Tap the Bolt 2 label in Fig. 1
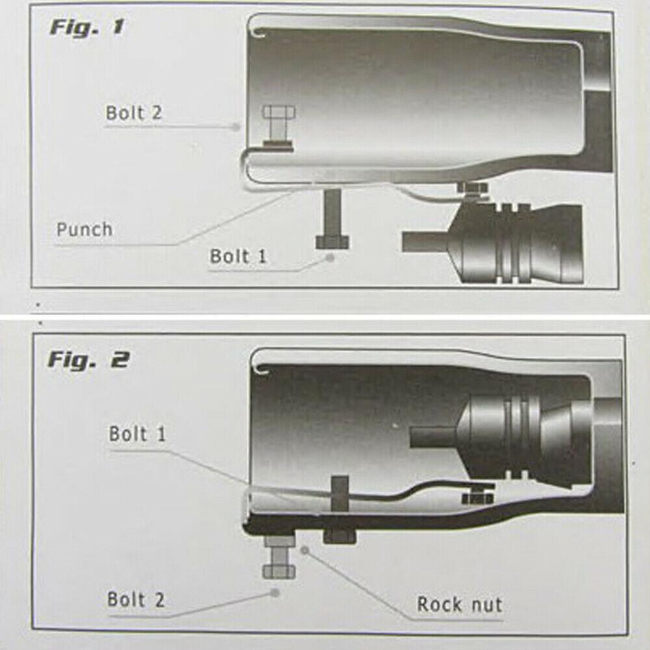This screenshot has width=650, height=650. pyautogui.click(x=133, y=112)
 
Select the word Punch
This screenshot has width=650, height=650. pyautogui.click(x=84, y=229)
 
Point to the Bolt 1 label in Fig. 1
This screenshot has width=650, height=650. pyautogui.click(x=238, y=256)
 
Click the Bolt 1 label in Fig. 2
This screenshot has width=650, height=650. pyautogui.click(x=137, y=434)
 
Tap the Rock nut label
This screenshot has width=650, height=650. pyautogui.click(x=459, y=604)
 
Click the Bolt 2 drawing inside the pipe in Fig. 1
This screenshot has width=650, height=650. pyautogui.click(x=277, y=127)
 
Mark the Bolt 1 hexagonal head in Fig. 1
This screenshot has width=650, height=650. pyautogui.click(x=332, y=242)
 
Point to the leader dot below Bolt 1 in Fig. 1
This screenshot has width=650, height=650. pyautogui.click(x=331, y=257)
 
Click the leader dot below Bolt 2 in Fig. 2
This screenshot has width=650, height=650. pyautogui.click(x=275, y=592)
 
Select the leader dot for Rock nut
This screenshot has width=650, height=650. pyautogui.click(x=304, y=550)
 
